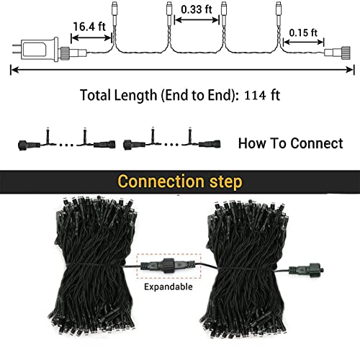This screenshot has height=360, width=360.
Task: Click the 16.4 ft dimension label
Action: coord(89,27)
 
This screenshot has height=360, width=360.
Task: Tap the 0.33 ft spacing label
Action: coord(197,9)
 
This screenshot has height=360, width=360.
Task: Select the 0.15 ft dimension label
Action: coord(303,32)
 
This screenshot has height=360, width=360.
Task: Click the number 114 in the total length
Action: coord(256,95)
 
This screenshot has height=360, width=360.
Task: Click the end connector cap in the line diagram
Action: coord(337,53)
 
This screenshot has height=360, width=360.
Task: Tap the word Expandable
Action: coord(168,287)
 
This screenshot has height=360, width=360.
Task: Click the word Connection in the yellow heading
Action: coord(161,181)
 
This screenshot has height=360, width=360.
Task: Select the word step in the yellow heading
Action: coord(226,182)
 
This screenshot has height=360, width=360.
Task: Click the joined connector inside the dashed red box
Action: coord(168,266)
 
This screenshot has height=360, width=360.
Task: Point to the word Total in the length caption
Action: coord(95,95)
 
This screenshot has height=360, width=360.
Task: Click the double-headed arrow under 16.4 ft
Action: coord(91,37)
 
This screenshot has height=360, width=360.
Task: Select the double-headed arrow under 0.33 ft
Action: coord(197,20)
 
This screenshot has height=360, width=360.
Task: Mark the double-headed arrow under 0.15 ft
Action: coord(304,42)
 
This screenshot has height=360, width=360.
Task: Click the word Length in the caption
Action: coord(135,95)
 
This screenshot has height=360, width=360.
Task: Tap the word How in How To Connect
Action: coord(252,143)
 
